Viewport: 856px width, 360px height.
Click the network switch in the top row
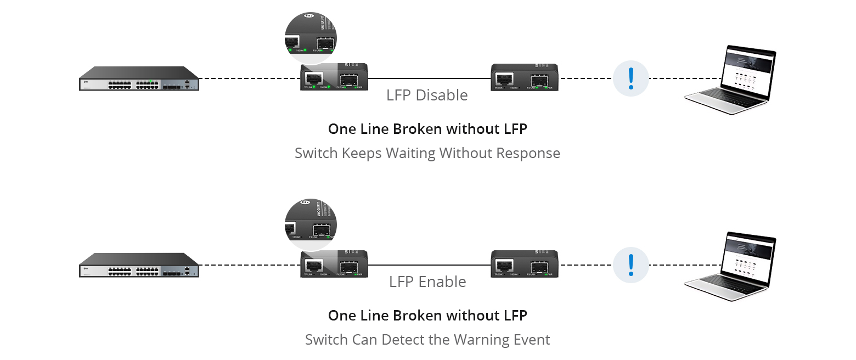click(x=139, y=78)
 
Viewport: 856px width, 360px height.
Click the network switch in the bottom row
click(x=139, y=265)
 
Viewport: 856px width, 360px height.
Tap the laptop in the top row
click(x=730, y=80)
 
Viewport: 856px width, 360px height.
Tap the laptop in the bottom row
click(x=730, y=267)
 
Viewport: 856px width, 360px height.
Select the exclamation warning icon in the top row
click(x=630, y=78)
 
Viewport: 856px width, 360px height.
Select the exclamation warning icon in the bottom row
click(x=630, y=265)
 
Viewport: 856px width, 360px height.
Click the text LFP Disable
click(x=427, y=95)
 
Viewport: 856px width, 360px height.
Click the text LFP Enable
click(x=427, y=282)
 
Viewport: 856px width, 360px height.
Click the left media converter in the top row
click(x=334, y=77)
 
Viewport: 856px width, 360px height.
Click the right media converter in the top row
click(x=525, y=77)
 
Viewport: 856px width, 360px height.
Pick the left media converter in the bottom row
click(x=334, y=263)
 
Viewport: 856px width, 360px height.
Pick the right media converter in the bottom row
click(x=525, y=263)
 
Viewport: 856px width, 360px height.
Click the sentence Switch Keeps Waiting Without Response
click(x=427, y=153)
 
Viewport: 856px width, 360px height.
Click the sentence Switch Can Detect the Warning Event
click(x=427, y=340)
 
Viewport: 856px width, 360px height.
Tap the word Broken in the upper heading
click(x=418, y=129)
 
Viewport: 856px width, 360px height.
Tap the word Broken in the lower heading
click(x=418, y=316)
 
